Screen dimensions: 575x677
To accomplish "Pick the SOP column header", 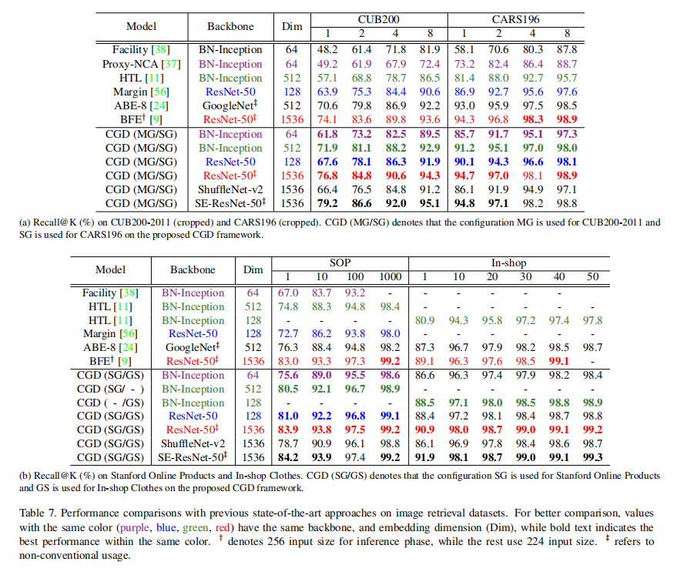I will coord(340,262).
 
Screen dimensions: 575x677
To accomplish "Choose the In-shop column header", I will coord(508,262).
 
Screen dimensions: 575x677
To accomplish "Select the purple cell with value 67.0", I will coord(287,293).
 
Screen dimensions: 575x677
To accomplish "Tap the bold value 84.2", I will coord(287,458).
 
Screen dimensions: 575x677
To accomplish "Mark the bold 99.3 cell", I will coord(592,458).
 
